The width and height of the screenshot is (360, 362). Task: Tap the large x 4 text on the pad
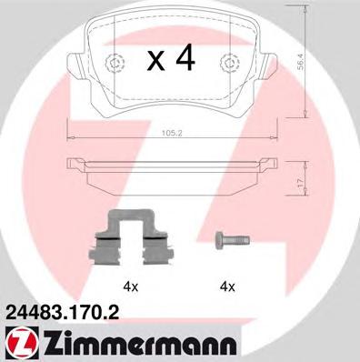pyautogui.click(x=172, y=59)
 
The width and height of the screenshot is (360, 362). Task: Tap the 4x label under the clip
pyautogui.click(x=130, y=287)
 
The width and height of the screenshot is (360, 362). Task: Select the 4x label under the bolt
pyautogui.click(x=226, y=287)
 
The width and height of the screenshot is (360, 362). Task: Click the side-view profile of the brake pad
pyautogui.click(x=171, y=173)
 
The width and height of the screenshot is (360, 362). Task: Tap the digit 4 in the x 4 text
pyautogui.click(x=185, y=59)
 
